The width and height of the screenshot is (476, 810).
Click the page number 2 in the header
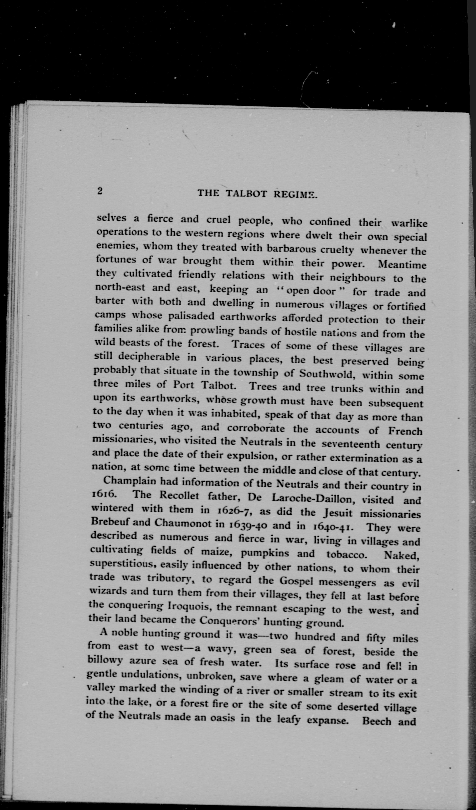[100, 191]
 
